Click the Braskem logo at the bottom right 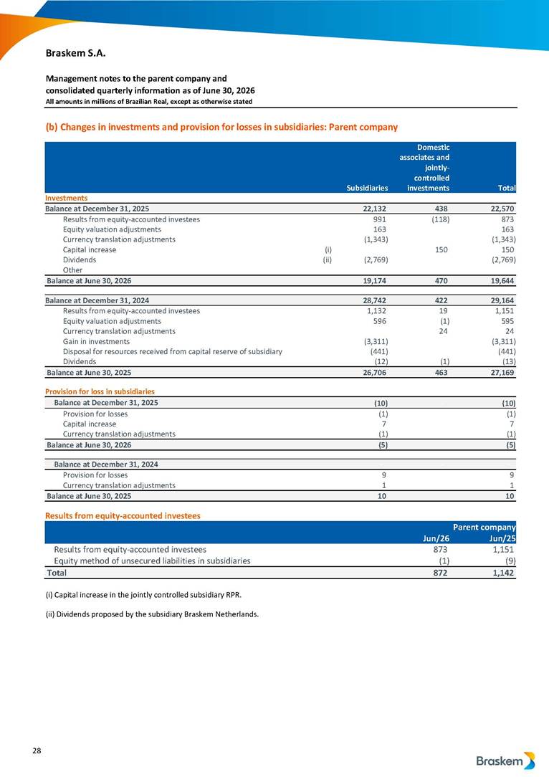[x=505, y=760]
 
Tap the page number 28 [x=37, y=750]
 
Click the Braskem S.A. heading [x=75, y=53]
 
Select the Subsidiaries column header [x=367, y=188]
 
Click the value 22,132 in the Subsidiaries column [x=375, y=209]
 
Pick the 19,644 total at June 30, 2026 [x=502, y=280]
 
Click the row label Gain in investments [x=96, y=341]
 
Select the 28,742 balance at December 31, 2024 [x=375, y=300]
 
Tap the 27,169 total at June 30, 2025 [x=502, y=372]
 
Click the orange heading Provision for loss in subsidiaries [x=100, y=391]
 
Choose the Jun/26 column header [x=436, y=538]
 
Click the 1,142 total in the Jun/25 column [x=502, y=573]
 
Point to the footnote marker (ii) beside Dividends [x=327, y=259]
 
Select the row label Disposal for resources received [x=173, y=351]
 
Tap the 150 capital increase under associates [x=441, y=249]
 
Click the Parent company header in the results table [x=484, y=528]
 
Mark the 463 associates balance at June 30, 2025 [x=441, y=372]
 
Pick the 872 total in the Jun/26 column [x=441, y=573]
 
